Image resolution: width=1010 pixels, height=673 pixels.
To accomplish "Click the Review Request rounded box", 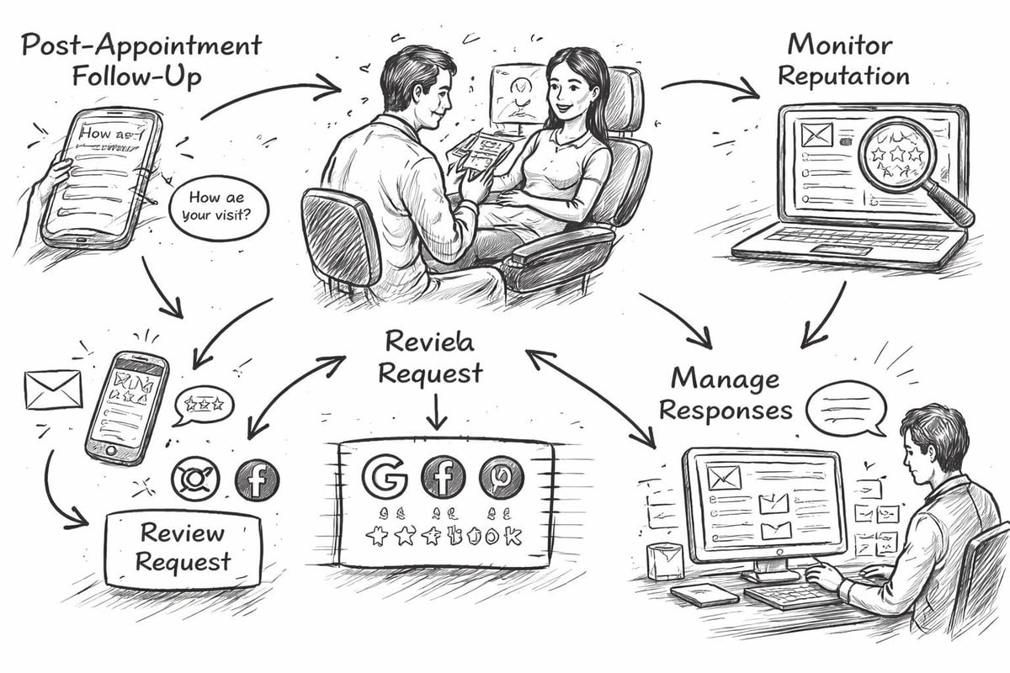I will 183,546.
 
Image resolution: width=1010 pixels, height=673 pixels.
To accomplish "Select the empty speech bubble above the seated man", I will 845,405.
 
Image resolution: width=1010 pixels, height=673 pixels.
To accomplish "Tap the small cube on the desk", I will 665,560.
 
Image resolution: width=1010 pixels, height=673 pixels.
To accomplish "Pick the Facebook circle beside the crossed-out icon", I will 256,480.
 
